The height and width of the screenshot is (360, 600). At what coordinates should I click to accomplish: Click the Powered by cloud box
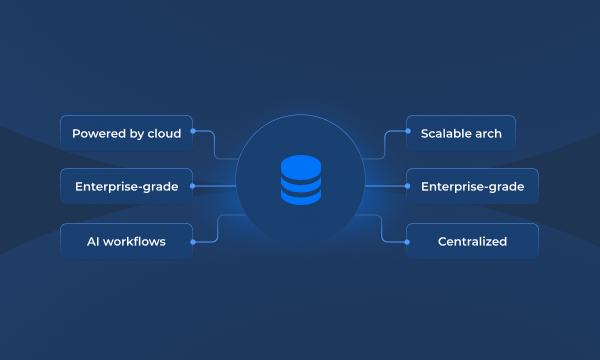tap(126, 133)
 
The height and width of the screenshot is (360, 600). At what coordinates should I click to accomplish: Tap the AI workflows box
tap(126, 241)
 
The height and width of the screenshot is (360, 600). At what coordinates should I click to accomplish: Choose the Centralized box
tap(472, 241)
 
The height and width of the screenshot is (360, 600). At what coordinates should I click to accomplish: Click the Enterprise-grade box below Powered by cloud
tap(126, 186)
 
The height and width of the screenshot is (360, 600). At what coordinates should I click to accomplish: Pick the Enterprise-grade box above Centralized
tap(472, 186)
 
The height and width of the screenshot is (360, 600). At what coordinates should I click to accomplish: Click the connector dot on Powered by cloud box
tap(193, 131)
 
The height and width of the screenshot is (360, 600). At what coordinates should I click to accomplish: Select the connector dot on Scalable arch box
tap(406, 131)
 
